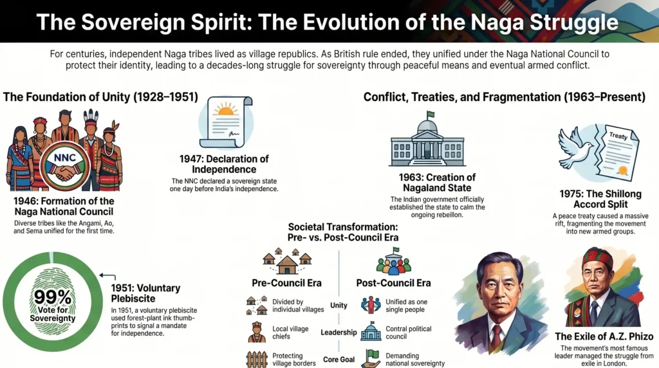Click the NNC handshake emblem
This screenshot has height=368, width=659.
(64, 167)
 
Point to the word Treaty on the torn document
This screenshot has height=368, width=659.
(618, 136)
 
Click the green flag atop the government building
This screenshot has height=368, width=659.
(431, 115)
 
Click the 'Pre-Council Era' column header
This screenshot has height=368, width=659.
(286, 282)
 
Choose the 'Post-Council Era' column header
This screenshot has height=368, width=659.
(393, 282)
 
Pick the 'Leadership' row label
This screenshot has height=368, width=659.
(339, 332)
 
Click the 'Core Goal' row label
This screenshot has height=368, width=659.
(339, 358)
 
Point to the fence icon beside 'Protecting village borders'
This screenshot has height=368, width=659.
(257, 359)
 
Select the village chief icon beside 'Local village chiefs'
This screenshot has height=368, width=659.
(257, 332)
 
